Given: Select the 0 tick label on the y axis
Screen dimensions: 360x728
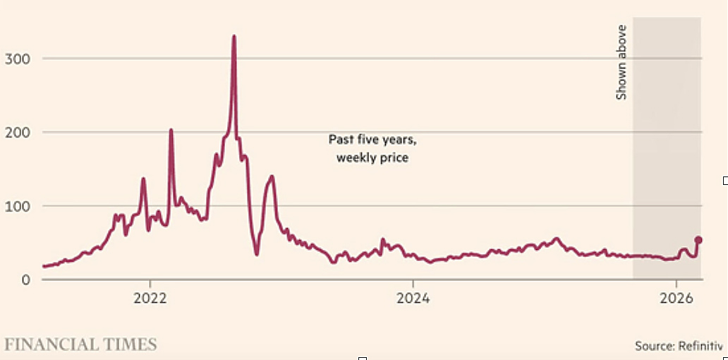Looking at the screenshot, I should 25,280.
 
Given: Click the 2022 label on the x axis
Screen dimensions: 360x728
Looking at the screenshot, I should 150,298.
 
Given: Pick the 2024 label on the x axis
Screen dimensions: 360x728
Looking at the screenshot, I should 413,298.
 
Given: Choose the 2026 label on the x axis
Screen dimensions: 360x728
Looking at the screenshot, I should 676,298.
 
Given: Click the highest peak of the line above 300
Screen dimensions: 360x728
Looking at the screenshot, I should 234,36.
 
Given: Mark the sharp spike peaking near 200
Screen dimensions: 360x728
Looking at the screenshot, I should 171,130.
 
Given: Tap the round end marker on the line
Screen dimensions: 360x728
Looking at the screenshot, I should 698,240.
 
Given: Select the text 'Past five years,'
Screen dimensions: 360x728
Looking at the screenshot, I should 372,140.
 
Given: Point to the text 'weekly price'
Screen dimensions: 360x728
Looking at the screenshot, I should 372,157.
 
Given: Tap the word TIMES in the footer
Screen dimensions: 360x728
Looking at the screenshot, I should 132,344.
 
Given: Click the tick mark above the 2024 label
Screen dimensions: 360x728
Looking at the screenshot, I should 413,284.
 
